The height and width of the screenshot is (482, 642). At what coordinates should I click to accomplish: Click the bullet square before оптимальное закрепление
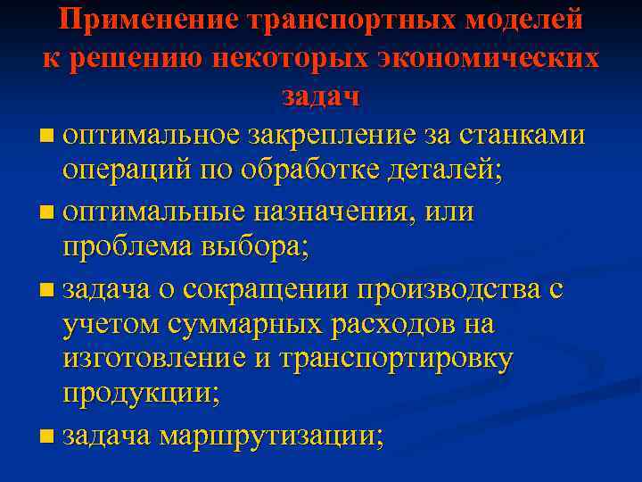tap(46, 136)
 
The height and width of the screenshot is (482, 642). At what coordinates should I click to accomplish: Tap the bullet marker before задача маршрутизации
tap(46, 436)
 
